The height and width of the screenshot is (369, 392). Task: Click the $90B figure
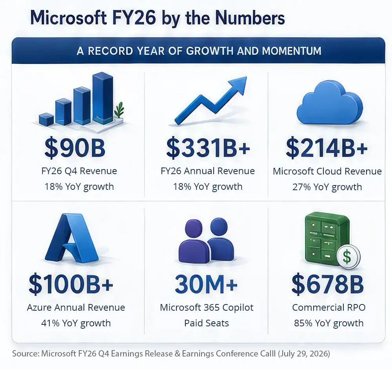coord(75,148)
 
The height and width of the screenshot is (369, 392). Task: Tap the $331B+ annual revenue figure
coord(208,148)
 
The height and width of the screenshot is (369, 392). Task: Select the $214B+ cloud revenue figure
coord(327,148)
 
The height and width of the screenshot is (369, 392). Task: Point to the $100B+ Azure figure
coord(71,284)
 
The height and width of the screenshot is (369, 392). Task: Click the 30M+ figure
coord(206,284)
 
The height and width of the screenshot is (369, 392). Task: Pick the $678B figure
coord(327,284)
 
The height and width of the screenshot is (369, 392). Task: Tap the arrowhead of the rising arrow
coord(238,85)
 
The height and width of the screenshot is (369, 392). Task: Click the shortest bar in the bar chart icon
coord(46,119)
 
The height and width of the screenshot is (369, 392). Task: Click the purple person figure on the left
coord(194,241)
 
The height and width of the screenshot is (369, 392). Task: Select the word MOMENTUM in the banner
coord(292,51)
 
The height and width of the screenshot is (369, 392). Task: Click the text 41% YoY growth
coord(76,323)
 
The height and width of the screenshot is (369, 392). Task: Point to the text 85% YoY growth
coord(328,323)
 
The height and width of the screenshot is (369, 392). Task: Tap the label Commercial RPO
coord(329,308)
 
